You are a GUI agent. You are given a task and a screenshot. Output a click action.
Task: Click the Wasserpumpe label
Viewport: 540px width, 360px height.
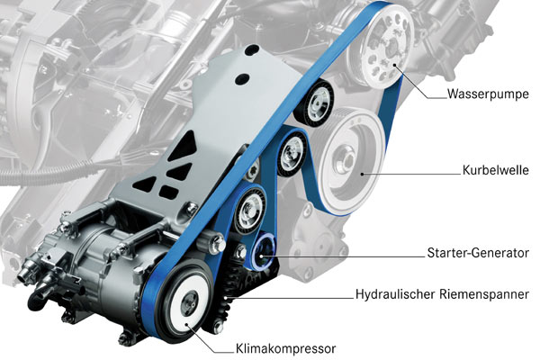(488, 94)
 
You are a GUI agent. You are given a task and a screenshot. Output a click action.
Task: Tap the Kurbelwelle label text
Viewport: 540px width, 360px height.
(495, 170)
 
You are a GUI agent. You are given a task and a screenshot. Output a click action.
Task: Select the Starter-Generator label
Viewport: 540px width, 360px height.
(478, 253)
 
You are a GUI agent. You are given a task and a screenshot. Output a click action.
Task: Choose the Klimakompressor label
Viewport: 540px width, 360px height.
(285, 348)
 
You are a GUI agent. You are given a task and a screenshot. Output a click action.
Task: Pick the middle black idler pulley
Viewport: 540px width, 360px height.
(292, 153)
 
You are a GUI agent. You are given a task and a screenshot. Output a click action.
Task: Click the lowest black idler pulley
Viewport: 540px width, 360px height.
(249, 209)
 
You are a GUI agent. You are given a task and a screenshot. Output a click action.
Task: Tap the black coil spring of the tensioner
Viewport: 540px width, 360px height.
(230, 287)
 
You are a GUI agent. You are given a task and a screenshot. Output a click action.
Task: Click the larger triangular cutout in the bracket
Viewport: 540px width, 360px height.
(182, 146)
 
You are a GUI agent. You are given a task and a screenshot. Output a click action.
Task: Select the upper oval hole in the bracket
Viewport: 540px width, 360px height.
(252, 50)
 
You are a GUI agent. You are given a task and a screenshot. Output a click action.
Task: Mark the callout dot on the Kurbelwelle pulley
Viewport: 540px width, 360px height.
(362, 174)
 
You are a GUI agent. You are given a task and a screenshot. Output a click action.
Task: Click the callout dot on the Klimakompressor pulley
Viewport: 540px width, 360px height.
(186, 325)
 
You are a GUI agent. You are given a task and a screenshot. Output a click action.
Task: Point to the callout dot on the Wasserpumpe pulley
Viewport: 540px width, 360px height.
(395, 65)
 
